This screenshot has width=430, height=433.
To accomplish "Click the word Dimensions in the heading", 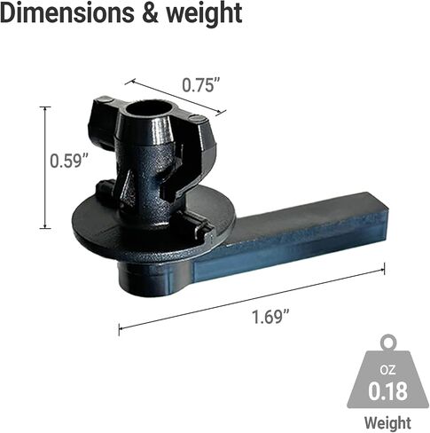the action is click(x=67, y=12).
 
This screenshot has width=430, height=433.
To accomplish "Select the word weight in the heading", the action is click(x=204, y=13).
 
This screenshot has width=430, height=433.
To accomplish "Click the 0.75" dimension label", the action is click(x=201, y=85).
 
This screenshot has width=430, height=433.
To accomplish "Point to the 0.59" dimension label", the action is click(x=69, y=161).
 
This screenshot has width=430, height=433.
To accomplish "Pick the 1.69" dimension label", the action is click(x=270, y=317).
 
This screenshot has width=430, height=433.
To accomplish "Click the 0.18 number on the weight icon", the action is click(x=387, y=390).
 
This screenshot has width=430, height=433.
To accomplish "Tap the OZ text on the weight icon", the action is click(x=387, y=370).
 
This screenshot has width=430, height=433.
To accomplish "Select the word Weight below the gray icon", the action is click(x=387, y=422).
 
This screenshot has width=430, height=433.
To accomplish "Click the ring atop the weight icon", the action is click(x=388, y=342).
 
